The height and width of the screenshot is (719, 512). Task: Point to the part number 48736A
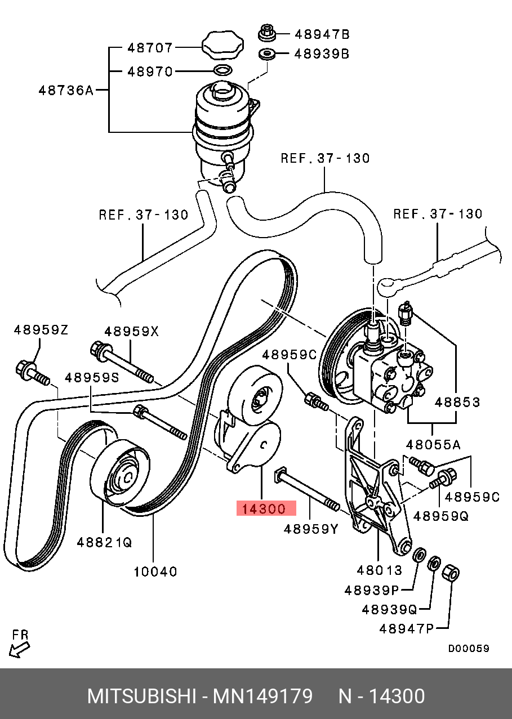(66, 90)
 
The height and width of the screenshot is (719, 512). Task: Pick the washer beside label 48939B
(266, 54)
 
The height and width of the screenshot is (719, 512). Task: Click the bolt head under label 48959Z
(25, 369)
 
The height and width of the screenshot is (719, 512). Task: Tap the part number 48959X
(131, 332)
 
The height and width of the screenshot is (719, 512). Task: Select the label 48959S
(91, 377)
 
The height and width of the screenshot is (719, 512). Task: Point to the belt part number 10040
(155, 571)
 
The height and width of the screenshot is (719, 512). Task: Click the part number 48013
(379, 570)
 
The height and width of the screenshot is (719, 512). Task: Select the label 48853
(457, 402)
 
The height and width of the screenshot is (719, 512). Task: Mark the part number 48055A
(434, 445)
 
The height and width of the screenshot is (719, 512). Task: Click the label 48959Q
(441, 516)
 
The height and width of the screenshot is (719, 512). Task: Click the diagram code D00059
(469, 649)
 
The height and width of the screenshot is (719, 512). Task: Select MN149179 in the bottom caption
(262, 696)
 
